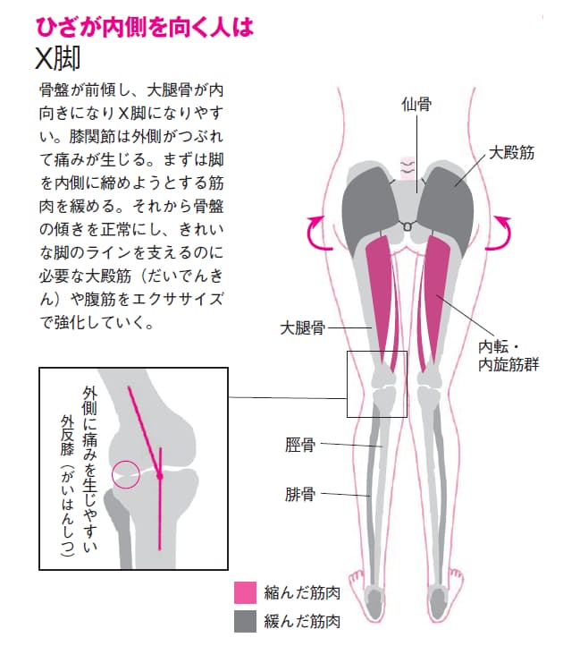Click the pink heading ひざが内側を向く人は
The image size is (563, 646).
pyautogui.click(x=145, y=27)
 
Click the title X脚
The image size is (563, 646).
pyautogui.click(x=57, y=58)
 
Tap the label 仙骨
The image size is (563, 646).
pyautogui.click(x=416, y=104)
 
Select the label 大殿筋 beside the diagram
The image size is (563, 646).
pyautogui.click(x=511, y=152)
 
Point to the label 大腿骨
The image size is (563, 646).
pyautogui.click(x=302, y=328)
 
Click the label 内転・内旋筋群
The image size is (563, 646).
pyautogui.click(x=508, y=356)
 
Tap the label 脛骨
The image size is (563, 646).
pyautogui.click(x=300, y=445)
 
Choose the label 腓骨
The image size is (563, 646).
pyautogui.click(x=300, y=494)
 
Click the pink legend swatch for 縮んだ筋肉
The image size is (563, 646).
pyautogui.click(x=245, y=593)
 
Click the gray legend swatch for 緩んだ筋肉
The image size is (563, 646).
pyautogui.click(x=245, y=621)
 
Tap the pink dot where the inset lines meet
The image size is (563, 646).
pyautogui.click(x=160, y=477)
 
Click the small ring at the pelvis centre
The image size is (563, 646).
pyautogui.click(x=407, y=226)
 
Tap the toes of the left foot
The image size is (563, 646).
pyautogui.click(x=357, y=576)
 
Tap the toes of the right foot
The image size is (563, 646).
pyautogui.click(x=456, y=576)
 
